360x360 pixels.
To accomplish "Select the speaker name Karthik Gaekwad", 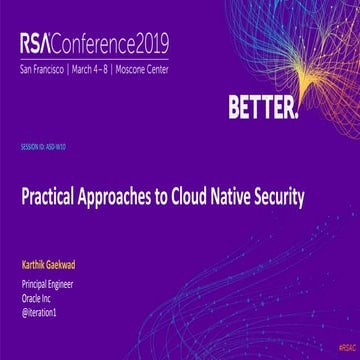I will (x=54, y=267).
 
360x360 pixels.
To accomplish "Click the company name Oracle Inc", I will (x=39, y=298).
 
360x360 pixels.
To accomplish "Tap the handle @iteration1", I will (x=42, y=310).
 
